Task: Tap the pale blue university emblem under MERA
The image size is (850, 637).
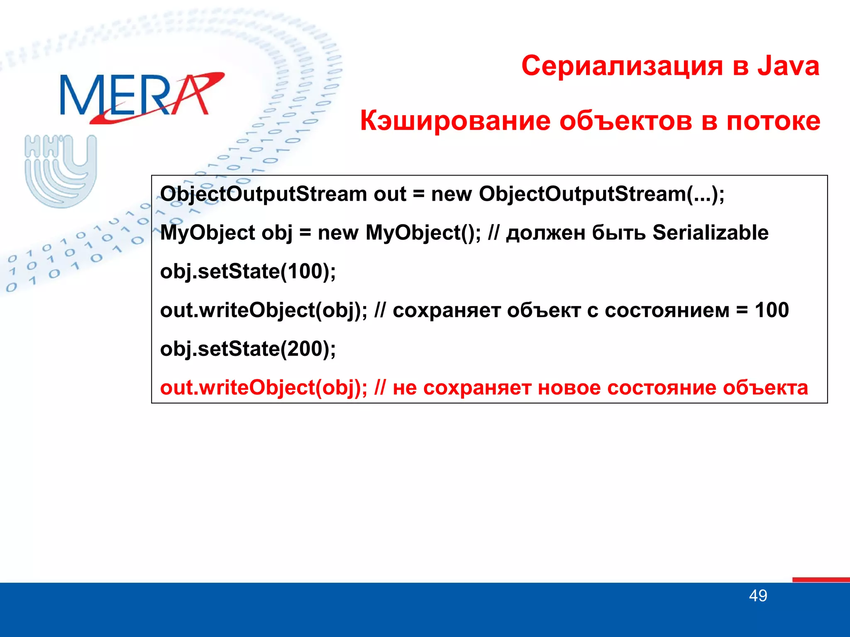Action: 61,171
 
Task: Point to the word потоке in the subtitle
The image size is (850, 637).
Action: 773,121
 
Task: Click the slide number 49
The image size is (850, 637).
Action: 758,596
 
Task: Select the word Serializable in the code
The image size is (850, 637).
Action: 710,233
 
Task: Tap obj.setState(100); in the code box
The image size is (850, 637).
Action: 248,272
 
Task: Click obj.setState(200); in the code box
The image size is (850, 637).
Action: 248,349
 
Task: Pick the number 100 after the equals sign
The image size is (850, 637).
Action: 772,310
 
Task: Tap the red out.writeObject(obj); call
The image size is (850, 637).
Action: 264,388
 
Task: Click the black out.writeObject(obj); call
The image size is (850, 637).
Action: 264,311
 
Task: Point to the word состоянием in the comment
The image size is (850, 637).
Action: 667,311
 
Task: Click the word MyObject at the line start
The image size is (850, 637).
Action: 208,233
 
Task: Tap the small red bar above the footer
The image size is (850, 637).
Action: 821,579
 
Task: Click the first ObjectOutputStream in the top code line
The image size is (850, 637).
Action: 263,194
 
